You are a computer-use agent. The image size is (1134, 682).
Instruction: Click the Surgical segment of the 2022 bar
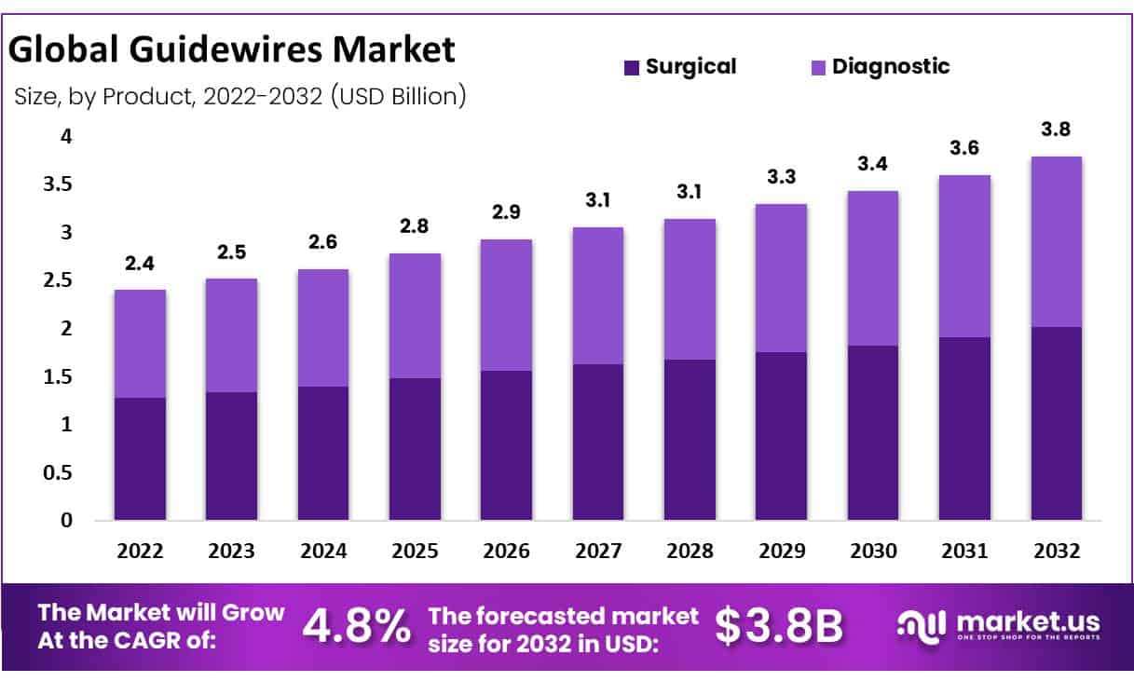(x=140, y=458)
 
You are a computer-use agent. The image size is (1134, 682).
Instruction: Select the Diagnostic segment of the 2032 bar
(x=1056, y=241)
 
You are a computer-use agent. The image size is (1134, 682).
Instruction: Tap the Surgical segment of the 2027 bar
(x=598, y=442)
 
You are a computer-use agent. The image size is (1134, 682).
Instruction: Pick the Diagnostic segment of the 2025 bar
(x=415, y=315)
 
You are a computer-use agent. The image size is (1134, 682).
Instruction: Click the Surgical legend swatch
(x=632, y=67)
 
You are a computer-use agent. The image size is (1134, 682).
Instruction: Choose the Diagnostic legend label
(x=890, y=66)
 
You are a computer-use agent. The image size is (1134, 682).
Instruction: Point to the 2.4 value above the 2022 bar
(x=140, y=265)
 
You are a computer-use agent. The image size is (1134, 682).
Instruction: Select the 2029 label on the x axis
(x=782, y=551)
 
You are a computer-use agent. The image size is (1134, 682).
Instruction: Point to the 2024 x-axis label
(x=323, y=551)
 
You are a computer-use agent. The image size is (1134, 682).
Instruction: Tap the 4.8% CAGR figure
(x=357, y=627)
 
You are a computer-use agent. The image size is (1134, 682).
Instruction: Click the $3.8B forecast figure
(x=778, y=627)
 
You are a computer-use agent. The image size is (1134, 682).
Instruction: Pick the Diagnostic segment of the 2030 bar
(x=873, y=268)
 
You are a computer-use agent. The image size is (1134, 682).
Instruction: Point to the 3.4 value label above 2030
(x=873, y=165)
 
